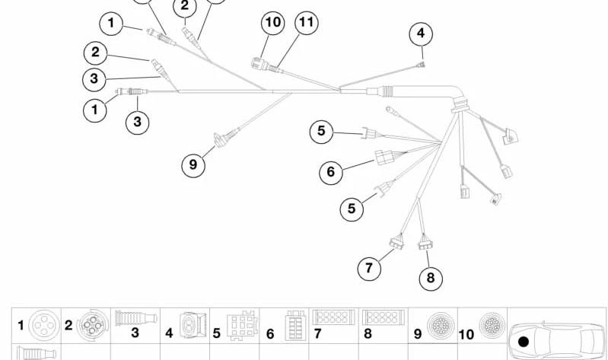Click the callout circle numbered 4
420,33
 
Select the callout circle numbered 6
330,172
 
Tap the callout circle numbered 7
369,267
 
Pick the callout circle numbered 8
430,278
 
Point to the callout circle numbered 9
193,164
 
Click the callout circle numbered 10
272,24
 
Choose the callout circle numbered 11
306,23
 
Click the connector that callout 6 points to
384,158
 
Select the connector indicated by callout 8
424,244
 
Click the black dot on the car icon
524,340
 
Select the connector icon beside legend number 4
189,326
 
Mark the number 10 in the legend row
467,333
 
